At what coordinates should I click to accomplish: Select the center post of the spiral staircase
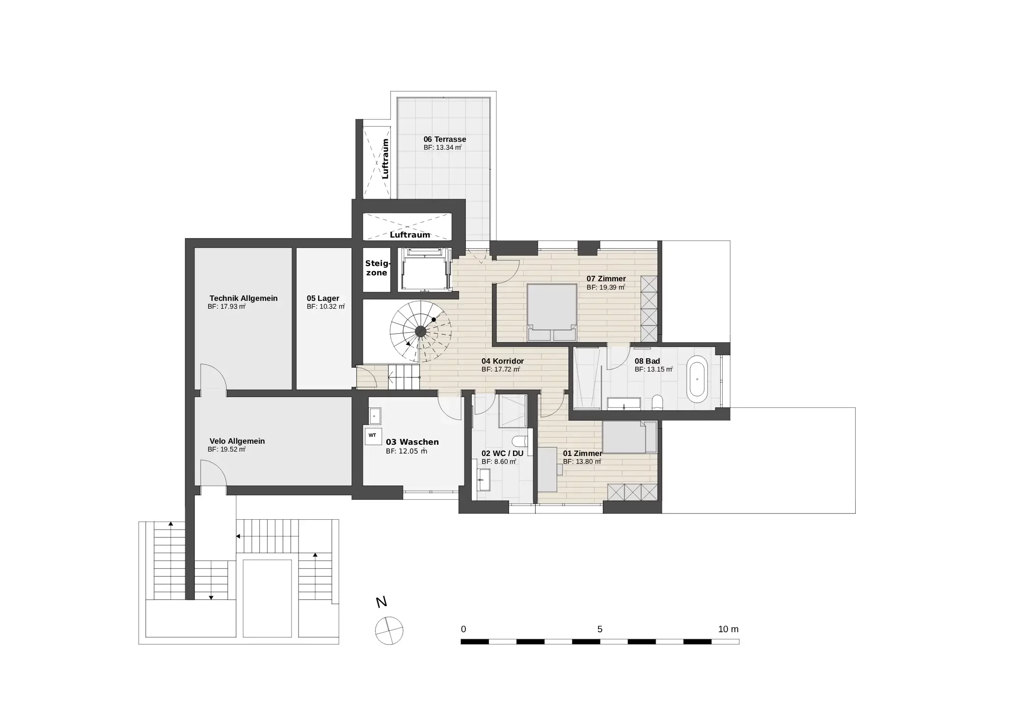420,331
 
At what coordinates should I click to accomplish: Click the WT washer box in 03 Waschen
372,435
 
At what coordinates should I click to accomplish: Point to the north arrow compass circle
389,630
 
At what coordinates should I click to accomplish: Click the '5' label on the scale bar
599,629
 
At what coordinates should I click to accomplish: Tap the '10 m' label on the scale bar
728,629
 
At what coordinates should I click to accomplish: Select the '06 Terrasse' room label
444,139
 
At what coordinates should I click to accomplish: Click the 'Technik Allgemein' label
243,298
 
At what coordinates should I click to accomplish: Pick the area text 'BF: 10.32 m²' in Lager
325,307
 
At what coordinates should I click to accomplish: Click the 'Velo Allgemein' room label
237,441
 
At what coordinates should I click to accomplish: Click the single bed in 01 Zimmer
629,437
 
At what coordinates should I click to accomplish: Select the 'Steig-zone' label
377,268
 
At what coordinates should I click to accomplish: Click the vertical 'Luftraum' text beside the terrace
385,159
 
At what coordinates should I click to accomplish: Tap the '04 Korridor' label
502,361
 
